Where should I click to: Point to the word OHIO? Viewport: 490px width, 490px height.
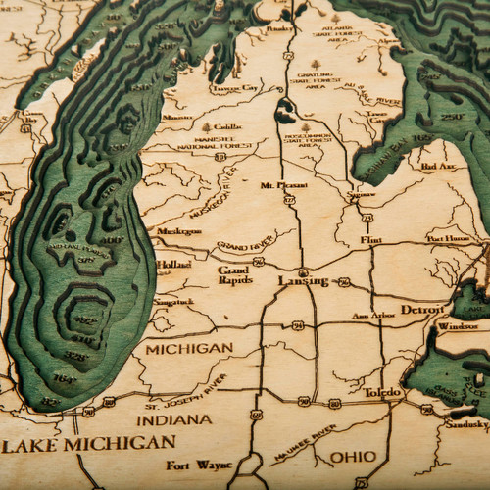[352, 456]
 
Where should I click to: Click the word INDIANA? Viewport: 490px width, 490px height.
[173, 419]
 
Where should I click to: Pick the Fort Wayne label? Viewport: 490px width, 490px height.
[191, 465]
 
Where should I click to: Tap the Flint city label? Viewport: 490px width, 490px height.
[371, 239]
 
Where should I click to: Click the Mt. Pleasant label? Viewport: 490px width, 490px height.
[278, 185]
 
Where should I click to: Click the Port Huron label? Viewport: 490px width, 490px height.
[448, 238]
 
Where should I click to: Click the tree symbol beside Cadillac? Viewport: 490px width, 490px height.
[206, 126]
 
